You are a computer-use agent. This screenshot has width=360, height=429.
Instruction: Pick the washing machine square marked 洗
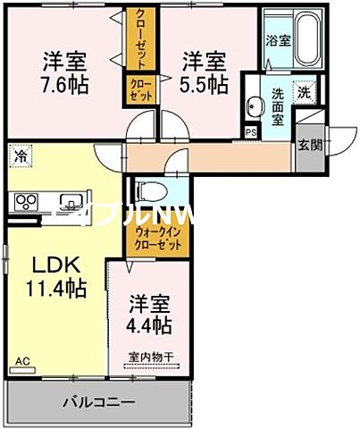click(x=304, y=91)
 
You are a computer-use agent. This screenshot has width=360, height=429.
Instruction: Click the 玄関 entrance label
click(x=310, y=145)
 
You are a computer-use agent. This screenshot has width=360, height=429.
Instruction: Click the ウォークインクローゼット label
click(x=162, y=239)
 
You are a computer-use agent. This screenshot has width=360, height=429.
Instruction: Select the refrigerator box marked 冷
click(x=20, y=156)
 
